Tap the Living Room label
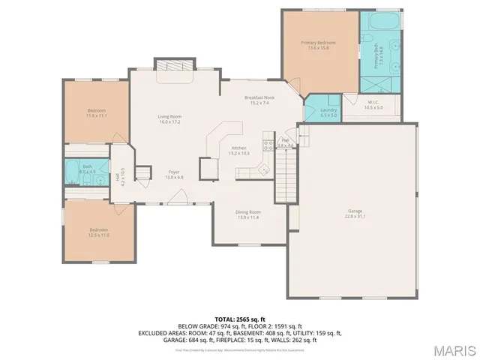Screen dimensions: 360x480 [169, 118]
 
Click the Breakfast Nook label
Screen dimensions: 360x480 [259, 100]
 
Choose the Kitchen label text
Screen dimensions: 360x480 [239, 150]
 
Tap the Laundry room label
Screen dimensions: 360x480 [328, 112]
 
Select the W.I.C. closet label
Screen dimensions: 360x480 [373, 106]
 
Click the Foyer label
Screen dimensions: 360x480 [173, 174]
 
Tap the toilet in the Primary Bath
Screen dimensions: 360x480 [367, 84]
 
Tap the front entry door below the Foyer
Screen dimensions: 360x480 [177, 197]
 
